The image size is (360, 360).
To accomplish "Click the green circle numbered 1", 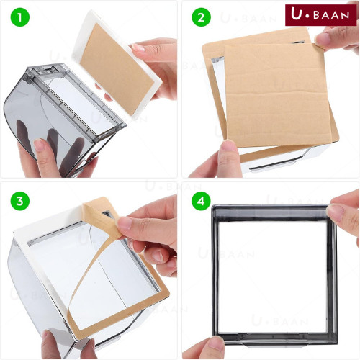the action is point(20,17).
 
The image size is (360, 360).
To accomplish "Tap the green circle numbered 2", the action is point(201,17).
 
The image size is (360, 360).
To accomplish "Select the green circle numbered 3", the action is point(20,201).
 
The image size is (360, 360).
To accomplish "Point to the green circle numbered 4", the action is point(201,201).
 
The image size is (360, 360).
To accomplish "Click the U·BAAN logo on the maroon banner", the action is point(320,15).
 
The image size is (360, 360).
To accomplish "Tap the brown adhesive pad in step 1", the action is point(117,68).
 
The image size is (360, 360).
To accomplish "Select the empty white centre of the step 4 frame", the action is point(273,276).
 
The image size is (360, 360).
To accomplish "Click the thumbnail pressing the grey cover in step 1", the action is point(38,145).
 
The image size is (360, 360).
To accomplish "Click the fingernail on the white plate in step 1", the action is point(138,48).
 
